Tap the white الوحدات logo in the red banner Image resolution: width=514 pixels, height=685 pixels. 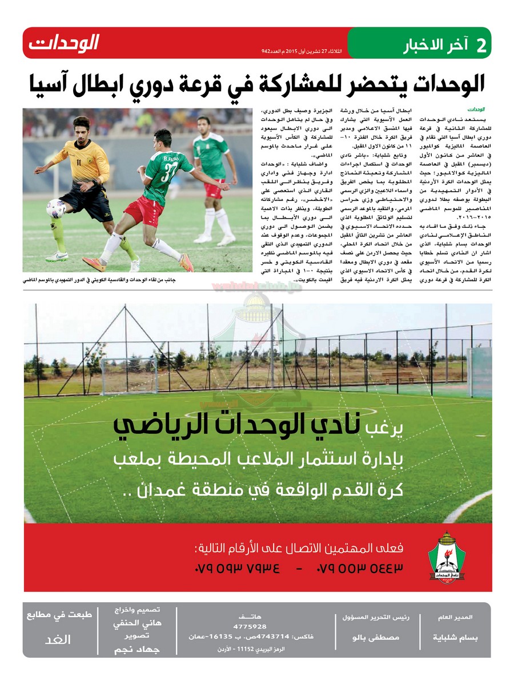coord(64,43)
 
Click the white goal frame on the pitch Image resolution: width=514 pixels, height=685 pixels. coord(129,375)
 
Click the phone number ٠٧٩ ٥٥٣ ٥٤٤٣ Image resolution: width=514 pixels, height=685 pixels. coord(359,569)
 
